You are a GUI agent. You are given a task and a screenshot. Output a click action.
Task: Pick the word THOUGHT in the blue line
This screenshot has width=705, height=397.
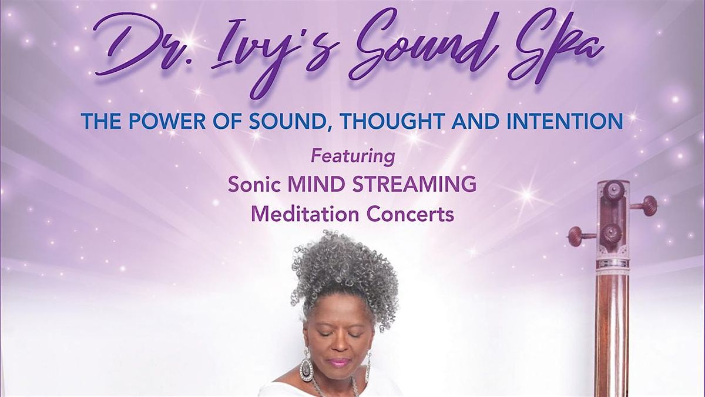pos(400,122)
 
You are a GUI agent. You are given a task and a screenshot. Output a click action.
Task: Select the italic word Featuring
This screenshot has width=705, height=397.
pos(352,156)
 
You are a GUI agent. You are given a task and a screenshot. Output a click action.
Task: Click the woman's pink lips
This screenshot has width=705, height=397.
pos(340,362)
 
